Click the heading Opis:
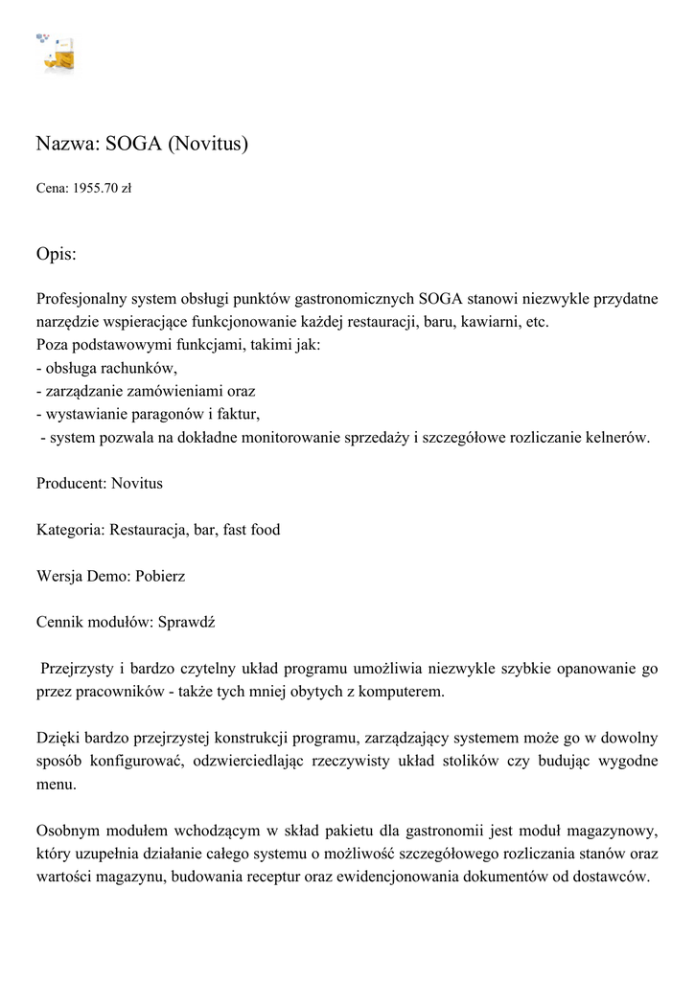tap(56, 254)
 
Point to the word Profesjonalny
tap(82, 299)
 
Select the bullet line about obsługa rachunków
tap(106, 368)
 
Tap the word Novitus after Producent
tap(137, 483)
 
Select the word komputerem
tap(407, 692)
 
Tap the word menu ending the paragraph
tap(56, 785)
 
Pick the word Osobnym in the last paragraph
tap(66, 831)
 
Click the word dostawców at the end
tap(614, 878)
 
